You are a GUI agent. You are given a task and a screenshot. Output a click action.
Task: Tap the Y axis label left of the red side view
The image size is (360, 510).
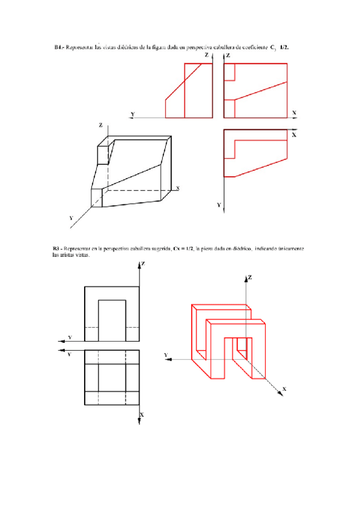point(132,114)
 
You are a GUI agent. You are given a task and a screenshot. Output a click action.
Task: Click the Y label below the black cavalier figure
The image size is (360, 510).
point(71,218)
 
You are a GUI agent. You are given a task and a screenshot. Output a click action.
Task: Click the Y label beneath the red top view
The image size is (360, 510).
point(219,205)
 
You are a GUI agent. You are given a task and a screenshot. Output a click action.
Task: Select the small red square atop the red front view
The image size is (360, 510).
point(229,72)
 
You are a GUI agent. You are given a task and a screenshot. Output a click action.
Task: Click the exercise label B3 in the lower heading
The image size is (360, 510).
point(56,248)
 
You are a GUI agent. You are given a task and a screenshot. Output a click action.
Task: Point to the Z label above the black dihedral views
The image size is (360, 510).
point(143,264)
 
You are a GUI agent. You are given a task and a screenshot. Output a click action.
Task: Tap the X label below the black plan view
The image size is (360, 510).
point(142,415)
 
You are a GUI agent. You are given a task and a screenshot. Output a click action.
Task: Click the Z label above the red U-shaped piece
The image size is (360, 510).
point(249,277)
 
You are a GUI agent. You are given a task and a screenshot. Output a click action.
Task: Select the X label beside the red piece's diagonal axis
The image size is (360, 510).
point(284,389)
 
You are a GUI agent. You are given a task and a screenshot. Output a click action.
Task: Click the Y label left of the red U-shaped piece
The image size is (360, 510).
point(166,355)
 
